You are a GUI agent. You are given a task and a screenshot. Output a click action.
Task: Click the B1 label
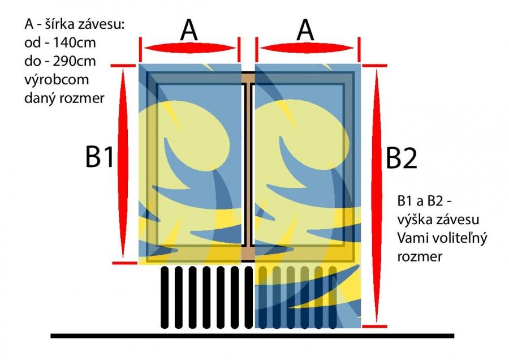pyautogui.click(x=100, y=157)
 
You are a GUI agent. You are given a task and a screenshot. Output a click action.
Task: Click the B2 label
pyautogui.click(x=401, y=158)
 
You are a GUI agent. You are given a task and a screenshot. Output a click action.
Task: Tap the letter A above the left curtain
pyautogui.click(x=189, y=30)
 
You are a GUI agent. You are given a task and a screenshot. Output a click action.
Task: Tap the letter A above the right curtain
pyautogui.click(x=305, y=30)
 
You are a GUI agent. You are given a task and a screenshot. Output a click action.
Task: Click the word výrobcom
pyautogui.click(x=57, y=80)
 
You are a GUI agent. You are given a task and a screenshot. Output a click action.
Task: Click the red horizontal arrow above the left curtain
pyautogui.click(x=190, y=49)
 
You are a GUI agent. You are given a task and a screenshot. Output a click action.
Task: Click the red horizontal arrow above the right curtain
pyautogui.click(x=307, y=49)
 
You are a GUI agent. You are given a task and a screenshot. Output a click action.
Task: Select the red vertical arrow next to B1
pyautogui.click(x=123, y=163)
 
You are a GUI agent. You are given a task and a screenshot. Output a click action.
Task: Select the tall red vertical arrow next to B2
pyautogui.click(x=377, y=196)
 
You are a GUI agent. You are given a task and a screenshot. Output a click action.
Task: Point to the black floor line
pyautogui.click(x=252, y=336)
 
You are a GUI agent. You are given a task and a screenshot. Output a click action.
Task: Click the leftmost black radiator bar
pyautogui.click(x=165, y=297)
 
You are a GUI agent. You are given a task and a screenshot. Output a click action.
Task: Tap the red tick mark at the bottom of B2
pyautogui.click(x=374, y=326)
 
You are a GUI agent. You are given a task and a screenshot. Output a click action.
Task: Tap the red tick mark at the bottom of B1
pyautogui.click(x=124, y=263)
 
